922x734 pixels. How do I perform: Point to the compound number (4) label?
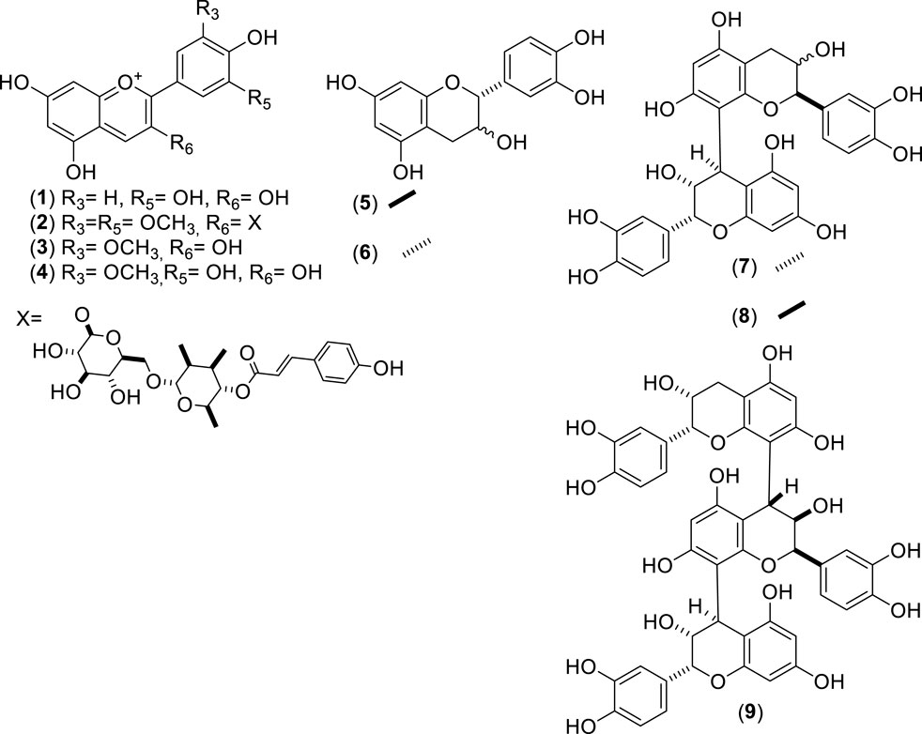tap(43, 274)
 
